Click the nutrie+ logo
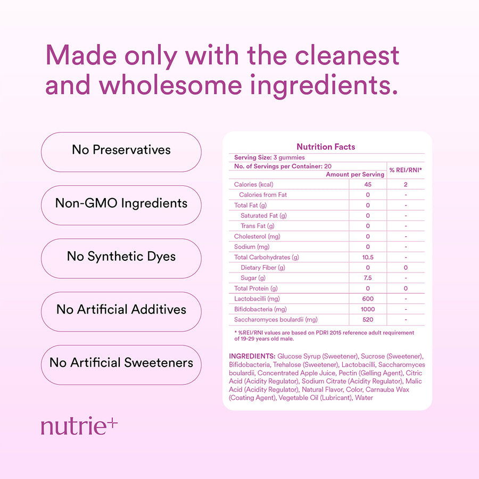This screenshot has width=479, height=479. coord(79,426)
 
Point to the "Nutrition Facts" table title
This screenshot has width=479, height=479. coord(326,147)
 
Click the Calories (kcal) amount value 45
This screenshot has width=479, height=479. coord(368,184)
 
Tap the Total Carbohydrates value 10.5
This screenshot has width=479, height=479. coord(368,257)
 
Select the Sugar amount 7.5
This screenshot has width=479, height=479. coord(368,278)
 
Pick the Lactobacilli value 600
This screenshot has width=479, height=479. coord(368,299)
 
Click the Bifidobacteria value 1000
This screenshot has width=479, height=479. coord(368,309)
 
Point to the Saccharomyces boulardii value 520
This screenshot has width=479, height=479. coord(368,320)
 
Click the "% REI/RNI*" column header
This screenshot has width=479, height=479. coord(406,170)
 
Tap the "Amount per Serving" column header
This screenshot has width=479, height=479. coord(355,175)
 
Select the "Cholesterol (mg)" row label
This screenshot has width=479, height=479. coord(257,236)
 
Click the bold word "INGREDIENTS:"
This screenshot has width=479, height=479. coord(252,356)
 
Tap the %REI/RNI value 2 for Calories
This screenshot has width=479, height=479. coord(406,184)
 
